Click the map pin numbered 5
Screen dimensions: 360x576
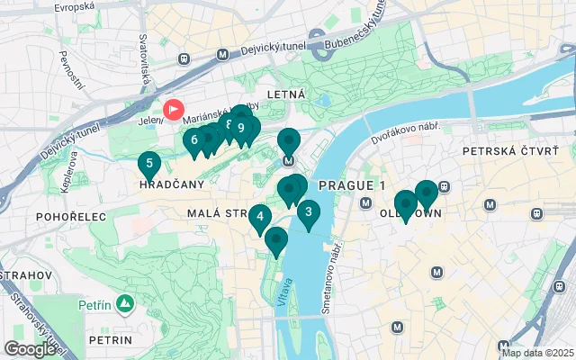point(149,164)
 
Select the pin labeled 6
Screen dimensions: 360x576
point(193,140)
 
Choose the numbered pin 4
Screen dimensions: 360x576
point(259,216)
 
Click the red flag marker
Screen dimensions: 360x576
point(172,108)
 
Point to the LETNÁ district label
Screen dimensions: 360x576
point(286,94)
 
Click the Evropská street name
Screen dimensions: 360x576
point(73,7)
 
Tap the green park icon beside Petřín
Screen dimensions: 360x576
point(125,302)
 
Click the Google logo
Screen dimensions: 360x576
point(29,349)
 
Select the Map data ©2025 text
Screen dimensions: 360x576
point(536,353)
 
